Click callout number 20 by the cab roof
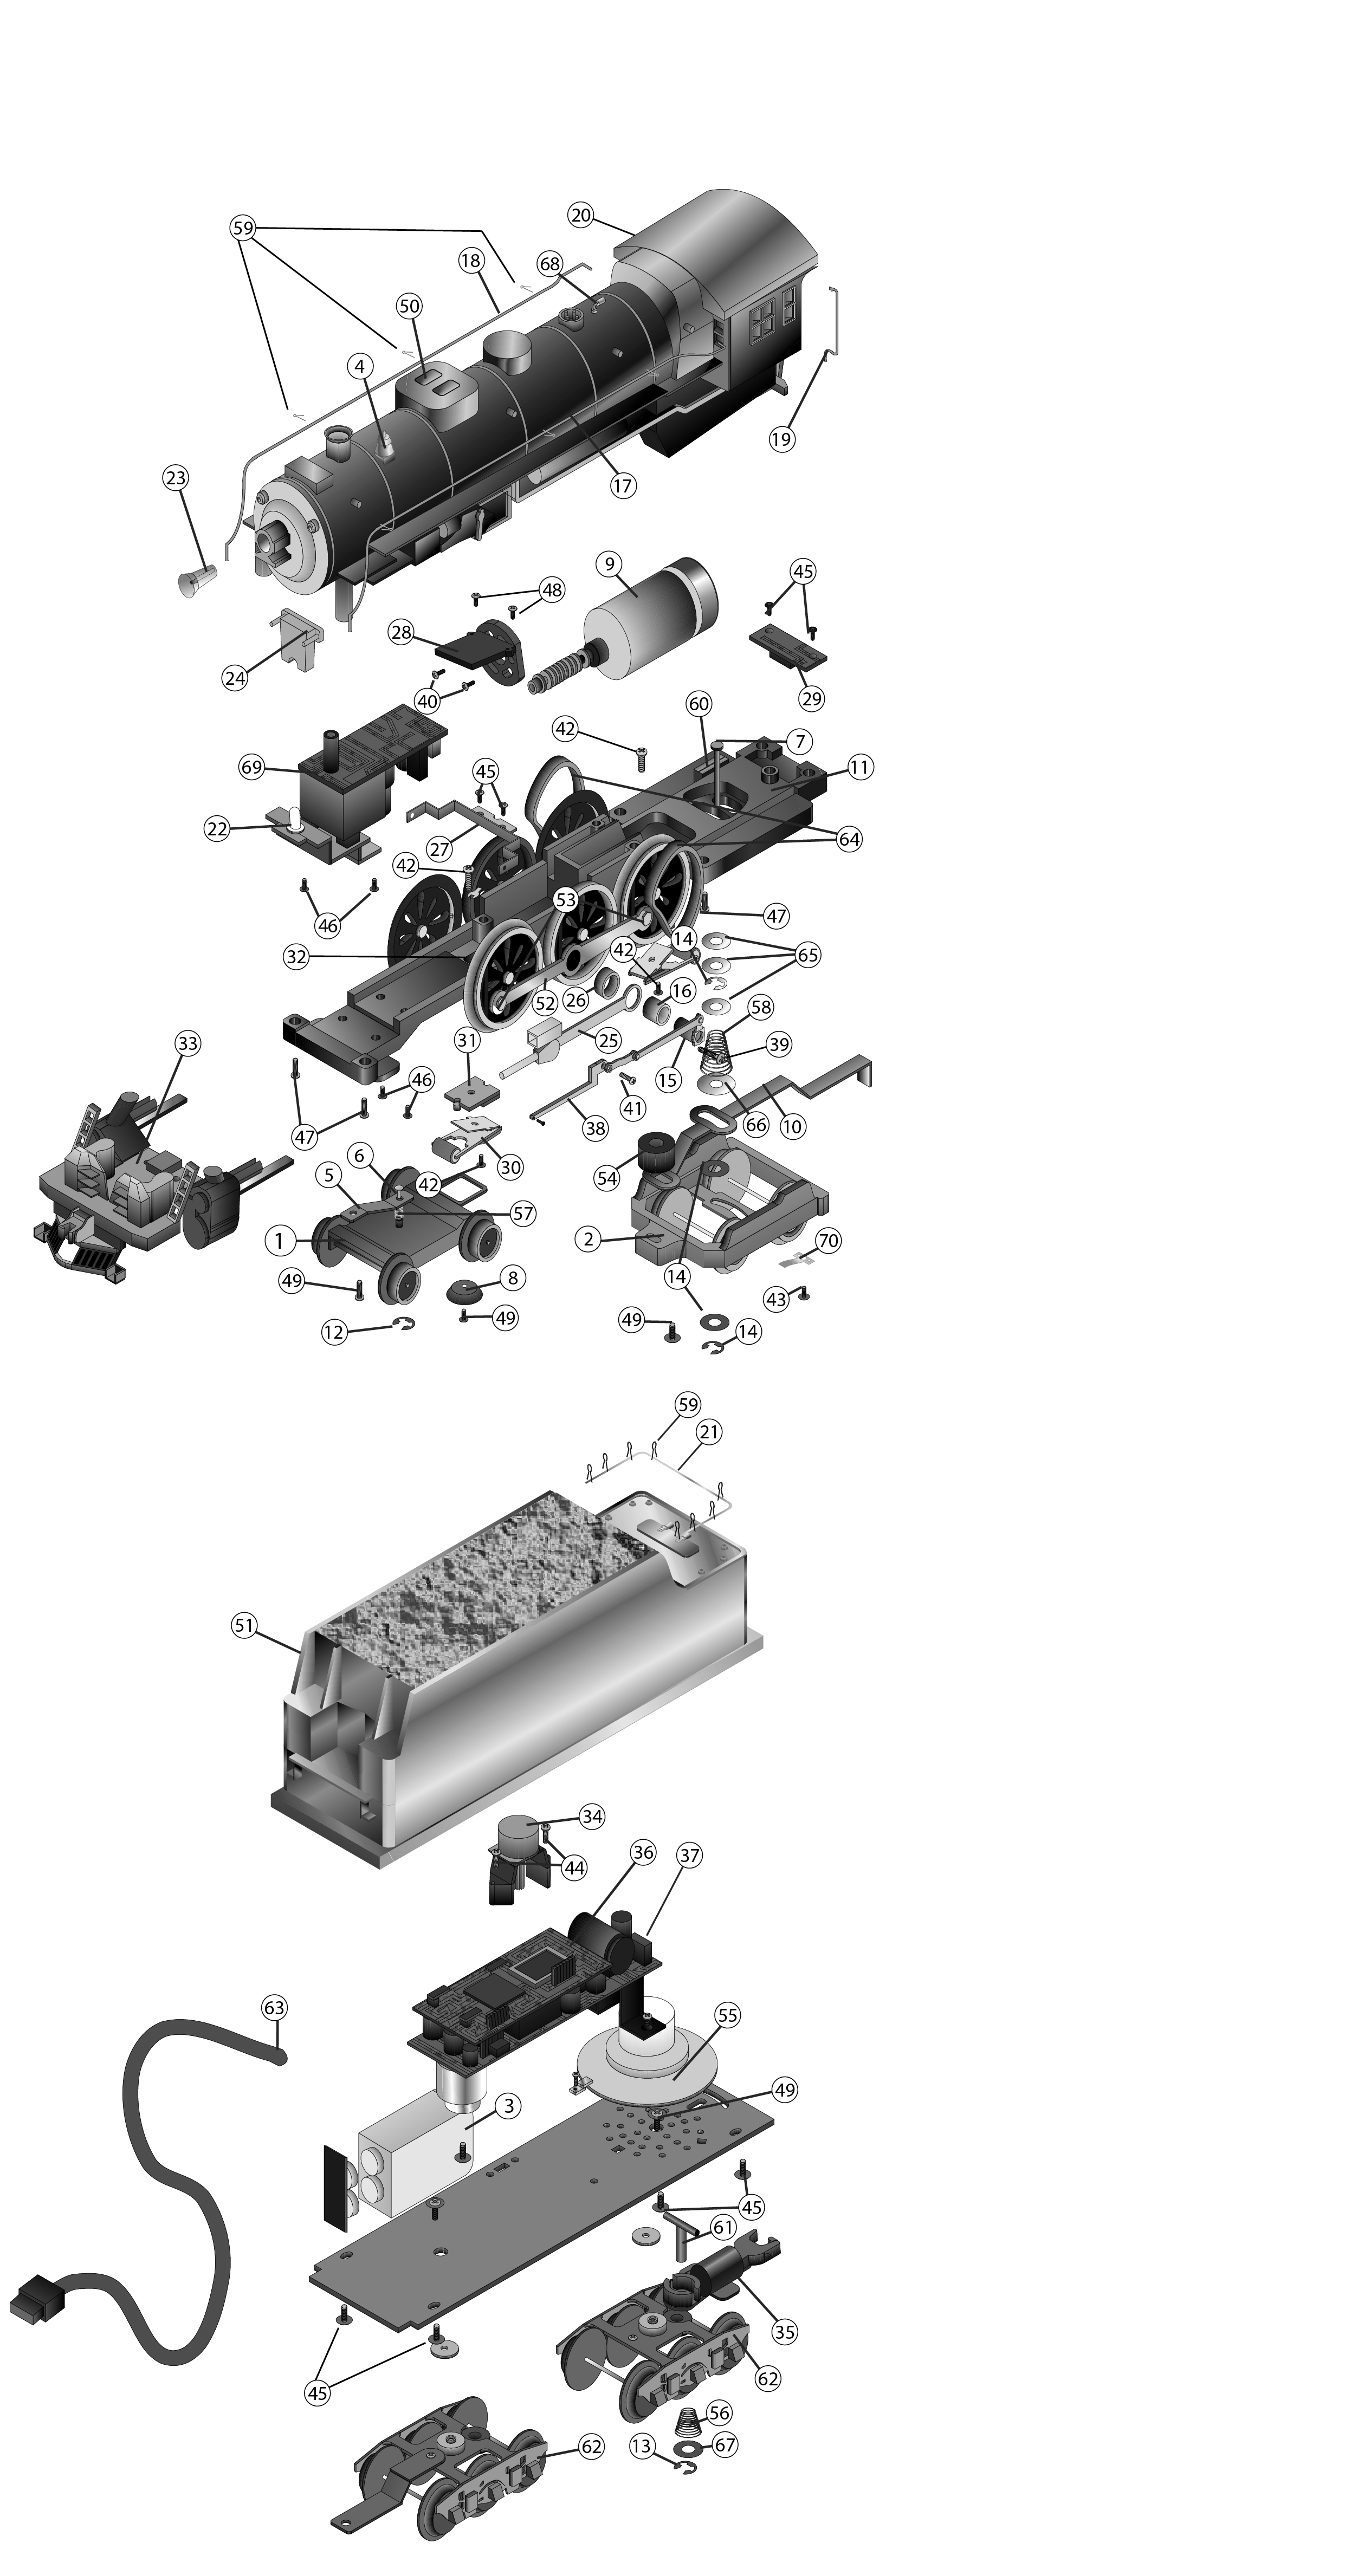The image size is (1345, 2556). tap(581, 215)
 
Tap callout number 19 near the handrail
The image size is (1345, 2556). tap(782, 438)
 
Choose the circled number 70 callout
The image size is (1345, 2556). tap(828, 1240)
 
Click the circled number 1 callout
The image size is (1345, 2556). tap(279, 1240)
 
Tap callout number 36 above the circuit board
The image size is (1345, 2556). tap(643, 1852)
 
